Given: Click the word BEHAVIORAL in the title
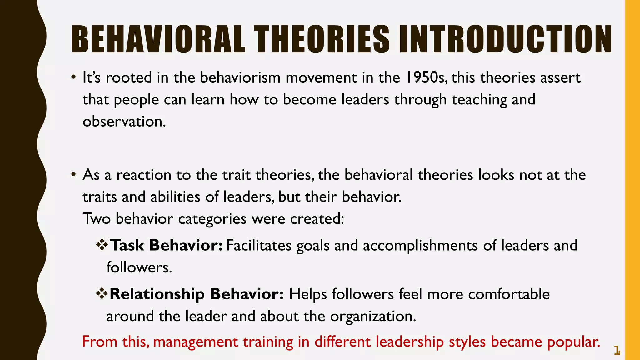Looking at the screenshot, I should [158, 40].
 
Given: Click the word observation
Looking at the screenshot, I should [124, 122].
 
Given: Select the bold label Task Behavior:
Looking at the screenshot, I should [166, 245].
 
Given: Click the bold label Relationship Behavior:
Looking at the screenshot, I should [197, 294].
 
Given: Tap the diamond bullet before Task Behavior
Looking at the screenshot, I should [102, 244].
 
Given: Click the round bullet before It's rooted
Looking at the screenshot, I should [73, 77].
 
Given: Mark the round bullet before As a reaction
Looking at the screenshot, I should [73, 174].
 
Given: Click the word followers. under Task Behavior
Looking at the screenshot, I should [139, 267].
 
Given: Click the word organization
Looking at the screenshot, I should [373, 316].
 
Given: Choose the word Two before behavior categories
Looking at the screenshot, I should [97, 219].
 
